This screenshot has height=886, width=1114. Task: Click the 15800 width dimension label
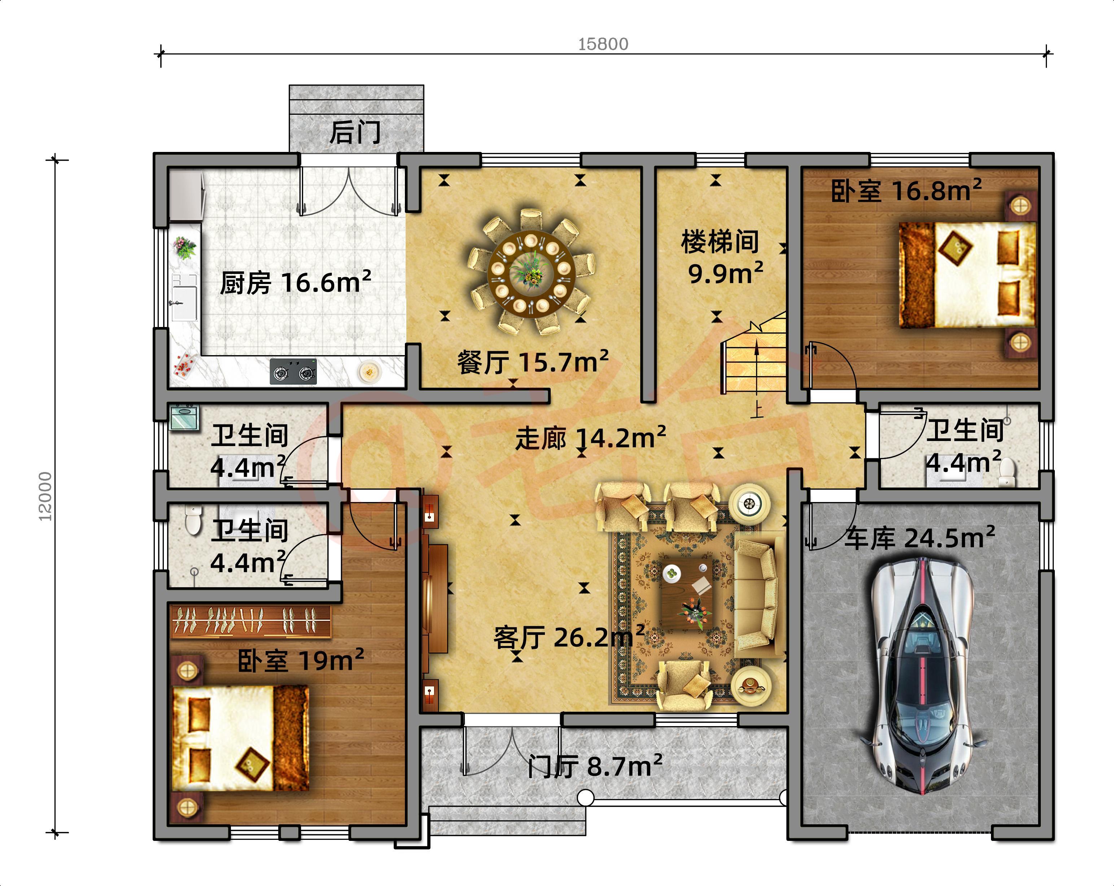(603, 44)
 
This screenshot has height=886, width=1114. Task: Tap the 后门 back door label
(355, 133)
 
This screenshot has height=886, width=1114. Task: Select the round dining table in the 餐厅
(530, 271)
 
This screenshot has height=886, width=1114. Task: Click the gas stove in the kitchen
(293, 371)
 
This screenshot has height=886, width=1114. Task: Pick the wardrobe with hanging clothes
(250, 620)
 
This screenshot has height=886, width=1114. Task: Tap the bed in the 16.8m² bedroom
(967, 274)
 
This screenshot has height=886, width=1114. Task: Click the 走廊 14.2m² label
(590, 438)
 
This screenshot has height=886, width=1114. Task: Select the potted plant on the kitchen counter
(184, 247)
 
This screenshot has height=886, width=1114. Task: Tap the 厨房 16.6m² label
(296, 283)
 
